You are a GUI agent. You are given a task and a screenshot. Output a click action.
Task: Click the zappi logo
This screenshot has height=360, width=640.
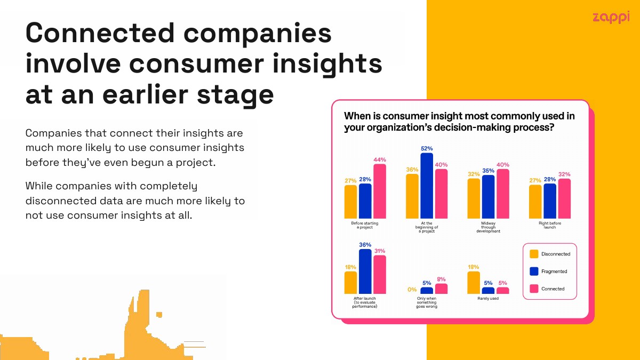[x=611, y=18]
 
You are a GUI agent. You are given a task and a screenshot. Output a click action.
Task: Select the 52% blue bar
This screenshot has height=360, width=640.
[x=427, y=186]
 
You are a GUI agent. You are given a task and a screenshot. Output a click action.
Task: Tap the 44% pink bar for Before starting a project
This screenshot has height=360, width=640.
[x=380, y=191]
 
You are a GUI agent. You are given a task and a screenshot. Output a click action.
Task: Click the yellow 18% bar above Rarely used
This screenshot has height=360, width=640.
[x=474, y=283]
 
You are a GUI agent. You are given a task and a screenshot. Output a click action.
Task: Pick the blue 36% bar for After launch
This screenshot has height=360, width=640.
[x=365, y=271]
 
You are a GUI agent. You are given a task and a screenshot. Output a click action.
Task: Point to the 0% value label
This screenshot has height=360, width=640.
[x=412, y=290]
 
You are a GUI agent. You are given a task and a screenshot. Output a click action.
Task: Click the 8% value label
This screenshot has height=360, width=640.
[x=441, y=279]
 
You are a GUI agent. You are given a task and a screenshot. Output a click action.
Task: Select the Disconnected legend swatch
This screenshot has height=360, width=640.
[x=534, y=254]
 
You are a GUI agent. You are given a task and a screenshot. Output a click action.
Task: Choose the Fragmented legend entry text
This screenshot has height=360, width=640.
[x=554, y=271]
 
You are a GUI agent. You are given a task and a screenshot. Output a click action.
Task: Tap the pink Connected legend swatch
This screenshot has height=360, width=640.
[x=534, y=289]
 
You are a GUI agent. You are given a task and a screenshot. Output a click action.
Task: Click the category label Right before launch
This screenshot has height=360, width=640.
[x=550, y=225]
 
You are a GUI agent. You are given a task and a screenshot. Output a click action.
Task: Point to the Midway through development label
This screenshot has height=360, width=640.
[x=489, y=227]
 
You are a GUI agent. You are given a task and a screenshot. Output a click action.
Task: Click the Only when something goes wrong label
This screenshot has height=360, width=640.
[x=427, y=302]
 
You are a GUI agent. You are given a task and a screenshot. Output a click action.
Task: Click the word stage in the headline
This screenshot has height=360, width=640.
[x=235, y=95]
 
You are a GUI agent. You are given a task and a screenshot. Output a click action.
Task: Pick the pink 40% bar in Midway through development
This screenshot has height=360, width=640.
[x=503, y=194]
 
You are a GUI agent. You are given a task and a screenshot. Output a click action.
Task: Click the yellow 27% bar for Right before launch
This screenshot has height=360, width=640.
[x=535, y=202]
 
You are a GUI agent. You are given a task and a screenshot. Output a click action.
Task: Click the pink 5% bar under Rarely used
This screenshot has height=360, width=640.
[x=503, y=291]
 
